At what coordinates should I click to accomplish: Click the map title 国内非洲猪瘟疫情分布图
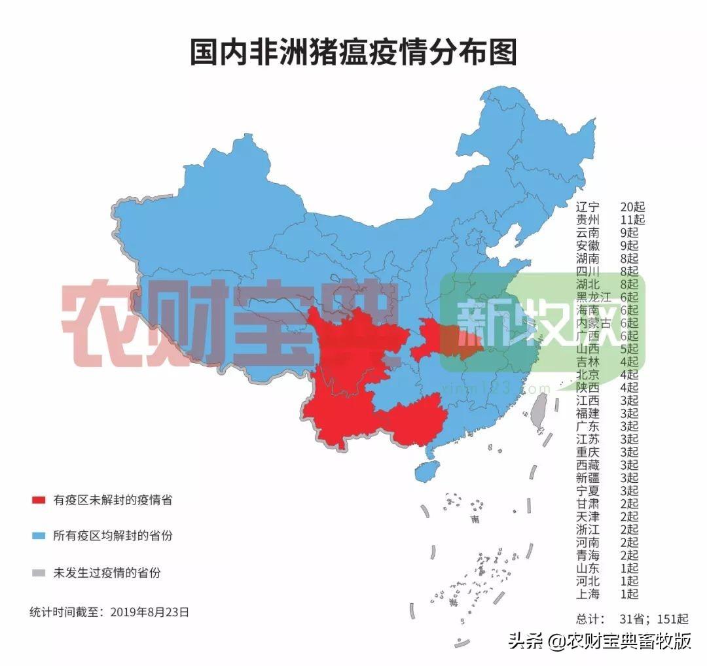coord(353,52)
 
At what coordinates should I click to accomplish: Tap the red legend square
coord(39,500)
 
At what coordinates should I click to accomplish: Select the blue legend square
coord(39,536)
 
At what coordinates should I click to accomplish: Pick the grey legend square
coord(39,573)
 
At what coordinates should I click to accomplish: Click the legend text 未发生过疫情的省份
coord(107,573)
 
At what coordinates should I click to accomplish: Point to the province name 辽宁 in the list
coord(587,207)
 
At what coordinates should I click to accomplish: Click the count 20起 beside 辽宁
coord(632,207)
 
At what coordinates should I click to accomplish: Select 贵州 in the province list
coord(587,220)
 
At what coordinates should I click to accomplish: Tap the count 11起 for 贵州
coord(632,220)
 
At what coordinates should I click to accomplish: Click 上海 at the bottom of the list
coord(587,594)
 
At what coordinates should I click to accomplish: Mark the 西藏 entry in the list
coord(587,465)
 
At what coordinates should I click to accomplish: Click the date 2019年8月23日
coord(150,612)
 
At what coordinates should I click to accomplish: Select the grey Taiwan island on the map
coord(539,412)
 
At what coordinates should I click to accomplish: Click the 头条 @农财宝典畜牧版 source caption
coord(600,640)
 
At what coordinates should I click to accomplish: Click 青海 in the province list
coord(587,555)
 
